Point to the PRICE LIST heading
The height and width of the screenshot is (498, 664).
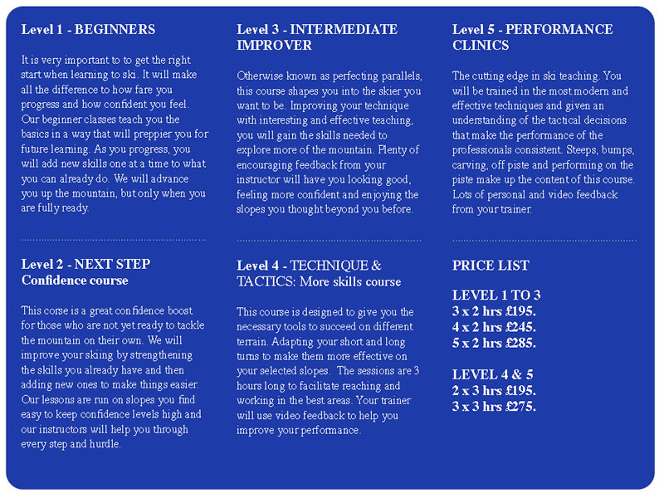(491, 266)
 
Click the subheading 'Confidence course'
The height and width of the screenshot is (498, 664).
(75, 281)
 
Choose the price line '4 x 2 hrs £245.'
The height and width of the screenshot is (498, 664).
(494, 327)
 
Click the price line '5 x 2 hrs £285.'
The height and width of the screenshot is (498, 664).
(494, 343)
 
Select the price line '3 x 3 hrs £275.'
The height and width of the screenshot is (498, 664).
(494, 406)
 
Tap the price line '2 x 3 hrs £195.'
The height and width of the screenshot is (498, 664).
(494, 390)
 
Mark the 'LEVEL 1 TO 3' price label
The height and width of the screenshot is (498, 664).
(496, 295)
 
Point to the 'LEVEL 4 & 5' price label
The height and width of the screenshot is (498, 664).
(493, 374)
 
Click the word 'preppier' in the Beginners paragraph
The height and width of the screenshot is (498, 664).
(161, 134)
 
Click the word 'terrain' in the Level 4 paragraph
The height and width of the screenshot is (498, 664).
(254, 341)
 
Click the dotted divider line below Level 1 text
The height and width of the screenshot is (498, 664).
(114, 240)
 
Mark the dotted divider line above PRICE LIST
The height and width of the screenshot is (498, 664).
(544, 240)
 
